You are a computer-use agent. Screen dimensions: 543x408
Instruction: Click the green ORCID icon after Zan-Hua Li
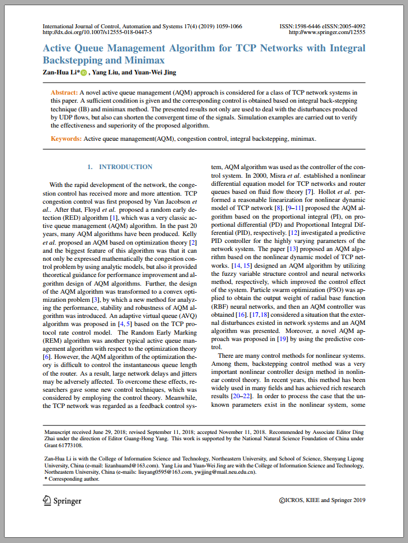pyautogui.click(x=84, y=73)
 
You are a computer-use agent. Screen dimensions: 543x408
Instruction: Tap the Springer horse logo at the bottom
pyautogui.click(x=48, y=500)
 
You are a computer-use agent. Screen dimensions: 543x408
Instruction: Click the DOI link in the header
pyautogui.click(x=98, y=33)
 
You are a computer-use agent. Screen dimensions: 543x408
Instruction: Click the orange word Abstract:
pyautogui.click(x=65, y=92)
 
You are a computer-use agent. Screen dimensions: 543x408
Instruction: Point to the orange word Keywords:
pyautogui.click(x=66, y=139)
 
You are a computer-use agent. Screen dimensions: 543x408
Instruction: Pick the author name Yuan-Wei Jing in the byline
pyautogui.click(x=155, y=72)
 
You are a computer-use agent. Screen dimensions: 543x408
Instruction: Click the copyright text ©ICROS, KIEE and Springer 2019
pyautogui.click(x=322, y=500)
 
